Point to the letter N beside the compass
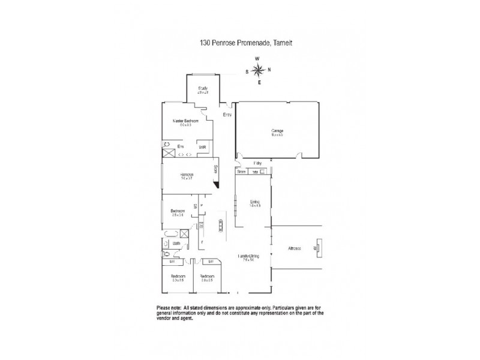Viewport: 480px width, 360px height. pyautogui.click(x=269, y=70)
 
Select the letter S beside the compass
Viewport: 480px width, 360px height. pyautogui.click(x=247, y=71)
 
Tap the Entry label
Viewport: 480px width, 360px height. pyautogui.click(x=227, y=114)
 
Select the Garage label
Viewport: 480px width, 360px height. pyautogui.click(x=277, y=132)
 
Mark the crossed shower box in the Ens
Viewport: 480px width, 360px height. pyautogui.click(x=168, y=154)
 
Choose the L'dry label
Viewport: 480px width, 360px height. pyautogui.click(x=258, y=163)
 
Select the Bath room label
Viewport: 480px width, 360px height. pyautogui.click(x=178, y=243)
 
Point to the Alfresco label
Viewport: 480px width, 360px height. pyautogui.click(x=294, y=247)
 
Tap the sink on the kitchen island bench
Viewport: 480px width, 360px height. pyautogui.click(x=220, y=229)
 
